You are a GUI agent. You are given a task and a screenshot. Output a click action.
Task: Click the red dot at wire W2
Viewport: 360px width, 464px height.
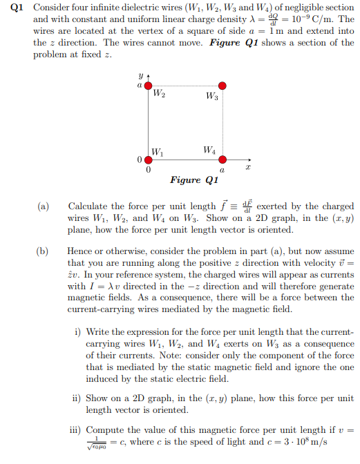[148, 86]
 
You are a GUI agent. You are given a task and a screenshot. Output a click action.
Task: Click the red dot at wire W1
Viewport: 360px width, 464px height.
[148, 159]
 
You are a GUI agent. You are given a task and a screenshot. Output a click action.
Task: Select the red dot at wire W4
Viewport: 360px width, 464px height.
[222, 159]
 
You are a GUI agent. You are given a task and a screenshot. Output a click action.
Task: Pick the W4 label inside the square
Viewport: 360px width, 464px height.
[211, 149]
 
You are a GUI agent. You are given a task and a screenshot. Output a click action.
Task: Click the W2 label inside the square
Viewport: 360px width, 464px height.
[158, 95]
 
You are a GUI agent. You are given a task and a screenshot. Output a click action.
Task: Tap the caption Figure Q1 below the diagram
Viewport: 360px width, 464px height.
[194, 180]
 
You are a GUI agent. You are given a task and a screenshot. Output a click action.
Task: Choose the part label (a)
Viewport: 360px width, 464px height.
[44, 206]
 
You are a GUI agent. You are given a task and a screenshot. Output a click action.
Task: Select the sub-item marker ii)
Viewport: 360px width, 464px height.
[77, 398]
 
